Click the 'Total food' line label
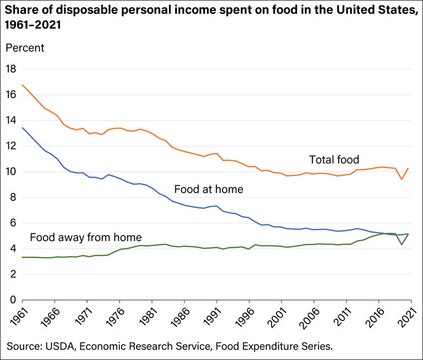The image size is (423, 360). click(x=334, y=160)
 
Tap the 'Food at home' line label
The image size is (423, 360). click(x=209, y=190)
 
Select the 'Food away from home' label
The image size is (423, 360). click(x=86, y=238)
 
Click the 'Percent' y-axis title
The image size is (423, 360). click(x=25, y=47)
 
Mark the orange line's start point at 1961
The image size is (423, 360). click(x=22, y=85)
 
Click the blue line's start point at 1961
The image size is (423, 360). click(x=22, y=128)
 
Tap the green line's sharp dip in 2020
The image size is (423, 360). click(x=402, y=244)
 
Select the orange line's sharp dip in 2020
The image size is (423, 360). click(x=402, y=179)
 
